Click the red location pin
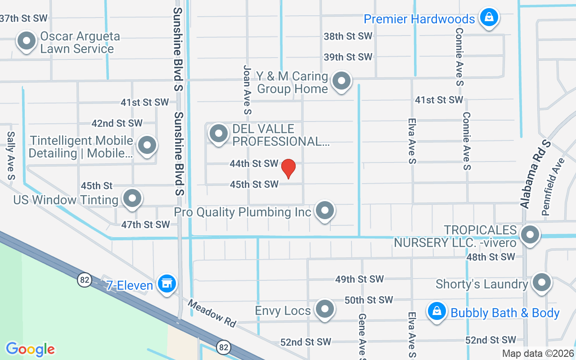click(288, 169)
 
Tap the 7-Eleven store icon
click(167, 283)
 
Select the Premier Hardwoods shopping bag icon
click(487, 18)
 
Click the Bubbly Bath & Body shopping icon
click(436, 311)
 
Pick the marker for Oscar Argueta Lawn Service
click(26, 41)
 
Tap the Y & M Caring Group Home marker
click(341, 81)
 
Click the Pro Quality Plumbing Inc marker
click(324, 210)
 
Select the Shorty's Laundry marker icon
click(541, 283)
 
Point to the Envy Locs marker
click(324, 309)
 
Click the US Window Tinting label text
click(66, 200)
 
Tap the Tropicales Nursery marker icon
click(530, 234)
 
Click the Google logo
click(31, 349)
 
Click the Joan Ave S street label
click(247, 90)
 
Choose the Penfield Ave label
click(553, 187)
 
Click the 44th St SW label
click(254, 164)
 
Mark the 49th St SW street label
click(359, 279)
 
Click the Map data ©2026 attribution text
click(538, 353)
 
